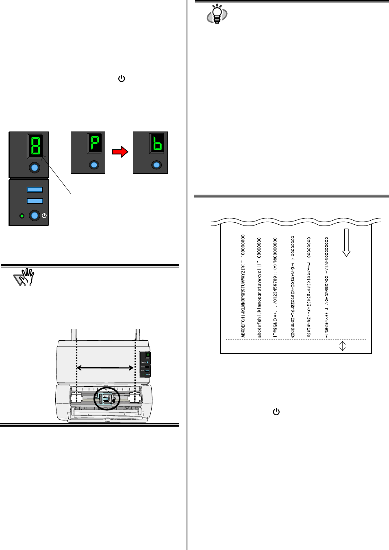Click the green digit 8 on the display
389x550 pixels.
[x=35, y=145]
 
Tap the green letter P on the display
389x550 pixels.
[x=94, y=143]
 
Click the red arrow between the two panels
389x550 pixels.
[x=120, y=152]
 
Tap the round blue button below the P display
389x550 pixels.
[x=94, y=165]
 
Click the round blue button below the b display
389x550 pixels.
[x=156, y=165]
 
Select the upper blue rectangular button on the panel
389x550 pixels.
[x=35, y=189]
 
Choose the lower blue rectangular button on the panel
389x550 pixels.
[x=35, y=201]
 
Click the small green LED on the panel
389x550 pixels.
[x=22, y=216]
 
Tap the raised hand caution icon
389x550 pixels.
[x=24, y=277]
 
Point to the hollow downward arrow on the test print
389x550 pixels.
[x=346, y=242]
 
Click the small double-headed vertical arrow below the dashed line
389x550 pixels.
[x=343, y=346]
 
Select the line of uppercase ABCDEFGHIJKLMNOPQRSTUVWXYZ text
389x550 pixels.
[x=243, y=286]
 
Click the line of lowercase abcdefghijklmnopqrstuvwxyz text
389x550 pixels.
[x=259, y=287]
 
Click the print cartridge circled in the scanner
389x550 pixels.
[x=106, y=399]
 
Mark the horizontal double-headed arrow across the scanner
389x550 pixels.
[x=105, y=368]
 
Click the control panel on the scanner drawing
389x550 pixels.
[x=145, y=363]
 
